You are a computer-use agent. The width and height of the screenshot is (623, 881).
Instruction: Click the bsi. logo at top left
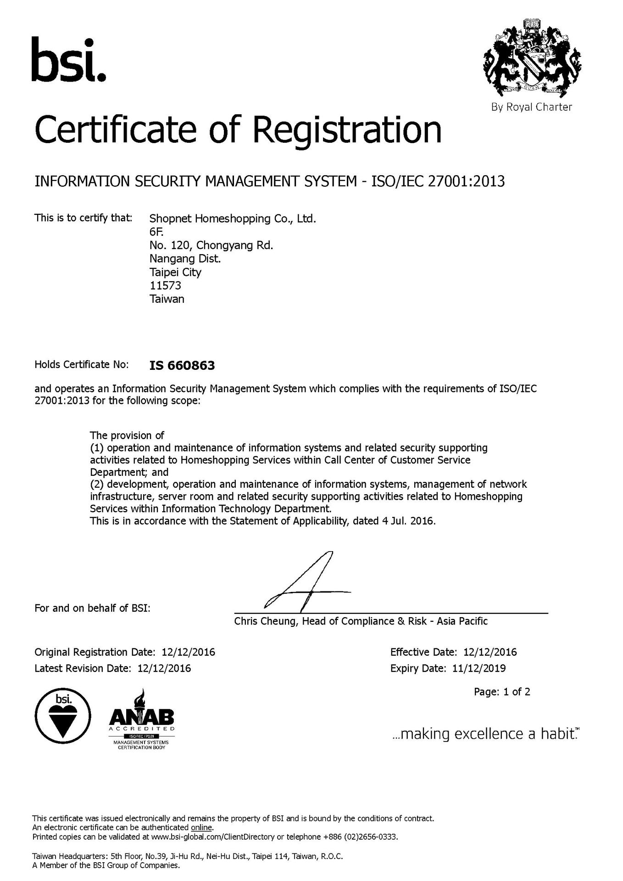[68, 60]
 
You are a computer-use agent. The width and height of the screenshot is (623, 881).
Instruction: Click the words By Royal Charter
[531, 107]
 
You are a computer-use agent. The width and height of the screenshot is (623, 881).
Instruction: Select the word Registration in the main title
[347, 130]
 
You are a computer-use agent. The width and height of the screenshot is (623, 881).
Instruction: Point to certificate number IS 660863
[182, 366]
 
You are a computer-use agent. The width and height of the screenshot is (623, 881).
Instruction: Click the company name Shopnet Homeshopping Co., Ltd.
[233, 218]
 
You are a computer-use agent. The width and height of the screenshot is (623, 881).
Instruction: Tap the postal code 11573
[165, 285]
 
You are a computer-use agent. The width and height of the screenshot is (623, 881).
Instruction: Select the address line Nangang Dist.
[185, 259]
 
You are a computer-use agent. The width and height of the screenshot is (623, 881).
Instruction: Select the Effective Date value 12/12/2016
[490, 652]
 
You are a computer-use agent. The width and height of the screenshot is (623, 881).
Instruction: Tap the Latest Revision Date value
[164, 668]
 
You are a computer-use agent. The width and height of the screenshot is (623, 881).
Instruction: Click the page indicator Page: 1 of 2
[502, 692]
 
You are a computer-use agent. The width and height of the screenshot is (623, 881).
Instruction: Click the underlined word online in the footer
[201, 828]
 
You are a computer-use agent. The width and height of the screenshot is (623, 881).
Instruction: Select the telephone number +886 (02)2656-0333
[360, 837]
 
